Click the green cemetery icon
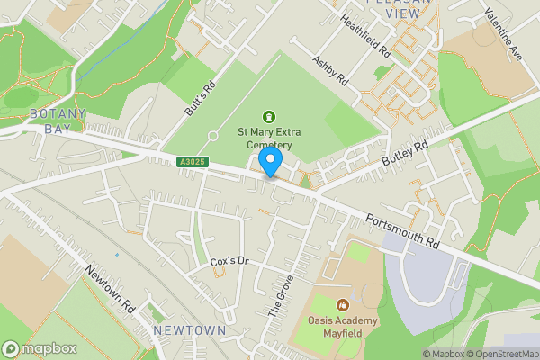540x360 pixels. [268, 116]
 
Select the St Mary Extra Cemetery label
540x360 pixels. [265, 138]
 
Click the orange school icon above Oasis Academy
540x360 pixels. [341, 305]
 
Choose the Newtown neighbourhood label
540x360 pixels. [189, 331]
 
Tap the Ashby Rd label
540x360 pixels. [329, 71]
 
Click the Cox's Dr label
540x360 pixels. [229, 261]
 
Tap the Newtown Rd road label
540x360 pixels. [111, 286]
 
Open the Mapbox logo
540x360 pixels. [40, 348]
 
